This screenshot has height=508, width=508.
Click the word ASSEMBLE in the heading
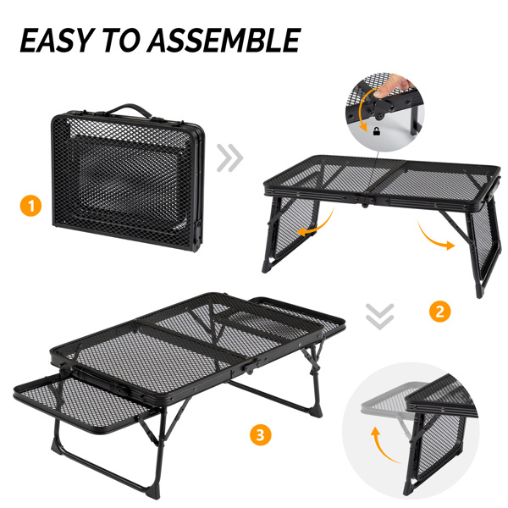(x=224, y=40)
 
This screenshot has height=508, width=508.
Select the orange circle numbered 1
(x=30, y=206)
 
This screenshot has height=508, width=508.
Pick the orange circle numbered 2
(x=439, y=312)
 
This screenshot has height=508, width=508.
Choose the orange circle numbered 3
(x=261, y=434)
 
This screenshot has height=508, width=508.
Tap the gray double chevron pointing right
(x=229, y=158)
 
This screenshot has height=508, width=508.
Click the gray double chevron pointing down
(x=379, y=317)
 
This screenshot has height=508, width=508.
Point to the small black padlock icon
(x=377, y=131)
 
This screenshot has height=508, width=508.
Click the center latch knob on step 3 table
(x=250, y=368)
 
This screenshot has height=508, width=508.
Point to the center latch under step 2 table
(x=364, y=202)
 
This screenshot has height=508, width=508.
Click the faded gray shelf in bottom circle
(x=389, y=399)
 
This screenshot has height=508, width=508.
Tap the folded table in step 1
(x=128, y=178)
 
